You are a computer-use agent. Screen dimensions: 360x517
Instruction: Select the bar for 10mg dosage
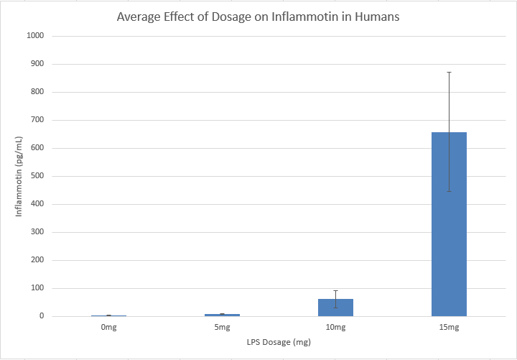point(335,308)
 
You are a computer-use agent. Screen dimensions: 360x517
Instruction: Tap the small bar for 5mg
point(222,315)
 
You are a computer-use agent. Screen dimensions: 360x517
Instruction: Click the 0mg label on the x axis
point(108,328)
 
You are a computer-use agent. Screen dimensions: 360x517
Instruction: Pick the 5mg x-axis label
point(222,328)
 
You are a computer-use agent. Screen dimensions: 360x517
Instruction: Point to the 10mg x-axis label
point(335,328)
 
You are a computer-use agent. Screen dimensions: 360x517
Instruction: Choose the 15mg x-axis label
point(449,328)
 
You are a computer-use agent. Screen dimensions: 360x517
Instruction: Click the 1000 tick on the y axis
point(35,36)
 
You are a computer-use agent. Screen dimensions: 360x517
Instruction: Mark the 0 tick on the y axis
point(42,316)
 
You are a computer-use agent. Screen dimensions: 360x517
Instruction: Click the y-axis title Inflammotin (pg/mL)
point(20,176)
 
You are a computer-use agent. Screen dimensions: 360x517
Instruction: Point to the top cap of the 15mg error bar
point(449,72)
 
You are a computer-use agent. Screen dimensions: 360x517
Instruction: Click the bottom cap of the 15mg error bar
point(449,191)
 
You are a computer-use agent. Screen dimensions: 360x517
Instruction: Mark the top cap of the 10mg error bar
point(335,290)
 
